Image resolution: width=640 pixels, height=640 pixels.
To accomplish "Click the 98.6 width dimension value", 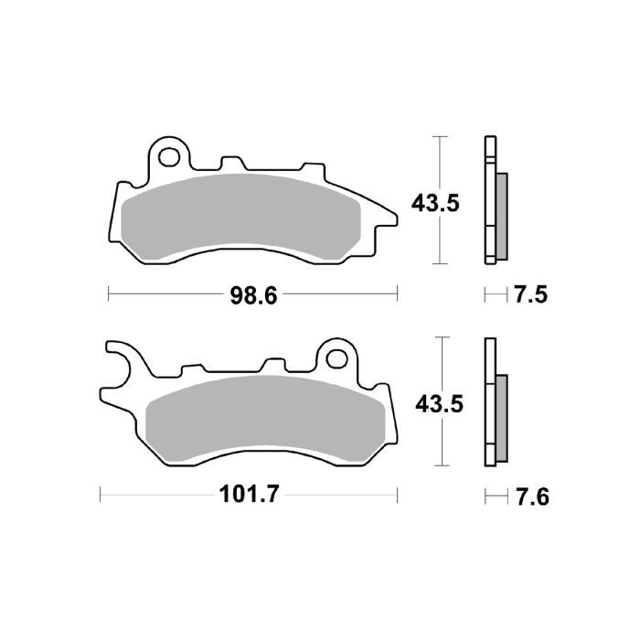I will [x=254, y=294].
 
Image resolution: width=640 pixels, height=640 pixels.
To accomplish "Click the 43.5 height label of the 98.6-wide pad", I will [x=433, y=203].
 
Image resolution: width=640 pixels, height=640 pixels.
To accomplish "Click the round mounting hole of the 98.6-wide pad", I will [x=169, y=157].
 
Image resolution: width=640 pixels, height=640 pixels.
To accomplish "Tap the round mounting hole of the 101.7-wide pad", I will [x=337, y=358].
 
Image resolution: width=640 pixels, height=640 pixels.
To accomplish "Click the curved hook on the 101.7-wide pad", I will [x=119, y=357].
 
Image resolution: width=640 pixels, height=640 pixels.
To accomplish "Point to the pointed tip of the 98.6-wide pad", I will [x=393, y=219].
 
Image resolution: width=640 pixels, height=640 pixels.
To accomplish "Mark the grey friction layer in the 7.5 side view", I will [x=502, y=216].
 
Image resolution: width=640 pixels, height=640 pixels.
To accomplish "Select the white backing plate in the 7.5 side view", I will [x=489, y=200].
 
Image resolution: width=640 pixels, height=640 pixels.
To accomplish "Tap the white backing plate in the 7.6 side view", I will [x=489, y=402].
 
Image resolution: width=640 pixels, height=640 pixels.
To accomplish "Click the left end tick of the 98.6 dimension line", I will [x=109, y=294].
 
